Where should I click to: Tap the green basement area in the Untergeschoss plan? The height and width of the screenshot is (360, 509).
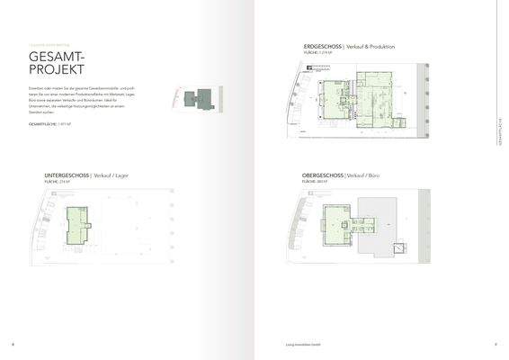[78, 222]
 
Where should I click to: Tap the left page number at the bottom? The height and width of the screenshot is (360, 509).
[12, 343]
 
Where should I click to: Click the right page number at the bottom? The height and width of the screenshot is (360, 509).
[496, 343]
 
